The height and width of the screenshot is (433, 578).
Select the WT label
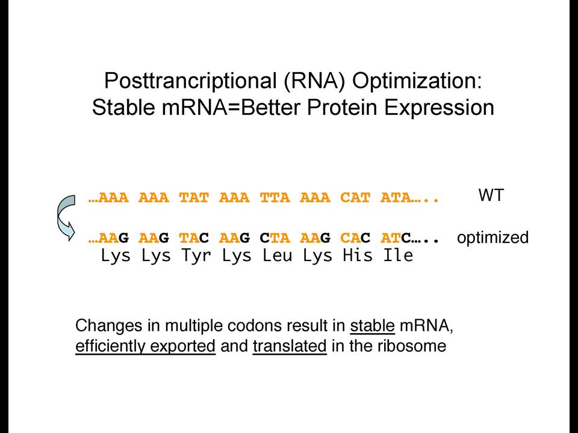(491, 195)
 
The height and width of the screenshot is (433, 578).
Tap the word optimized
(493, 238)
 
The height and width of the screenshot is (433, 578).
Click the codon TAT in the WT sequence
(194, 198)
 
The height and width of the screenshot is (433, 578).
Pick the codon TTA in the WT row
(275, 198)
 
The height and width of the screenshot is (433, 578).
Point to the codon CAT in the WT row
(355, 198)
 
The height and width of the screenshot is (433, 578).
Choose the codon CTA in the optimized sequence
(275, 238)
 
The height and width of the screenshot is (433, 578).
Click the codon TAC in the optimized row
(194, 238)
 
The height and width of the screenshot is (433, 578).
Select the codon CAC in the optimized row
(355, 238)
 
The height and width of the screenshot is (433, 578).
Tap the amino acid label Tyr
(196, 256)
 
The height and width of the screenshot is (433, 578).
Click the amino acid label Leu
(277, 255)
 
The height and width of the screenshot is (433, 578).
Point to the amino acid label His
(358, 255)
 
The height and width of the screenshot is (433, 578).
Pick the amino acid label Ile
(398, 255)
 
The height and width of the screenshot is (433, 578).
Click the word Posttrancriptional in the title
(191, 81)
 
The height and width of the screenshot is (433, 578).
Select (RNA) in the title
(314, 81)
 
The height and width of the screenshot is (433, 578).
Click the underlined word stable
(372, 326)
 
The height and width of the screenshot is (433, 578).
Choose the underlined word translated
(290, 346)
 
